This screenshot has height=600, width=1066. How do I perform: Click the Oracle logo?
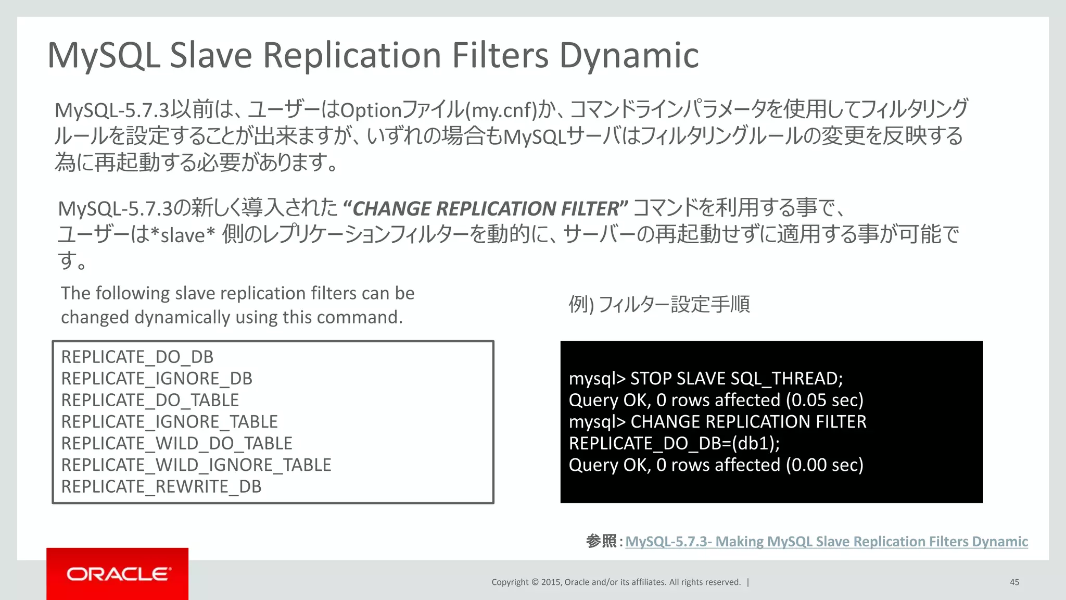coord(118,574)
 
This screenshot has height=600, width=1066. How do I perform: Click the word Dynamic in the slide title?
coord(629,55)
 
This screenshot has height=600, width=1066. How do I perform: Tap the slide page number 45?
coord(1014,582)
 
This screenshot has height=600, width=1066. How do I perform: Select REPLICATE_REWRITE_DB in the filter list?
coord(161,486)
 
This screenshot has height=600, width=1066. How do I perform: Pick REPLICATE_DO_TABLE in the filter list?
coord(150,400)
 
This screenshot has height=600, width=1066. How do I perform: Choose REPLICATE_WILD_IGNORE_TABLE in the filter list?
coord(196,465)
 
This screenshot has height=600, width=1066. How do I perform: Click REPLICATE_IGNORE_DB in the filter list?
coord(157,379)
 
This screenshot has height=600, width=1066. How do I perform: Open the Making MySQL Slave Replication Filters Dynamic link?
coord(826,542)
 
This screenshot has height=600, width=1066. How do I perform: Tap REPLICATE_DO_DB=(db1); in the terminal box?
coord(674,443)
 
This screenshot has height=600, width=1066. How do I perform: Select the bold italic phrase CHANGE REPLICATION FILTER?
coord(486,209)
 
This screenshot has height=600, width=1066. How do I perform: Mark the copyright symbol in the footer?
coord(534,582)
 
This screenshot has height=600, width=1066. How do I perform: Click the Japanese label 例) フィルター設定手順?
coord(659,304)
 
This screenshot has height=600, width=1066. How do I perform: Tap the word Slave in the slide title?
coord(211,55)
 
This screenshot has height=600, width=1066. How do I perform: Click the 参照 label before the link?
coord(601,542)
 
